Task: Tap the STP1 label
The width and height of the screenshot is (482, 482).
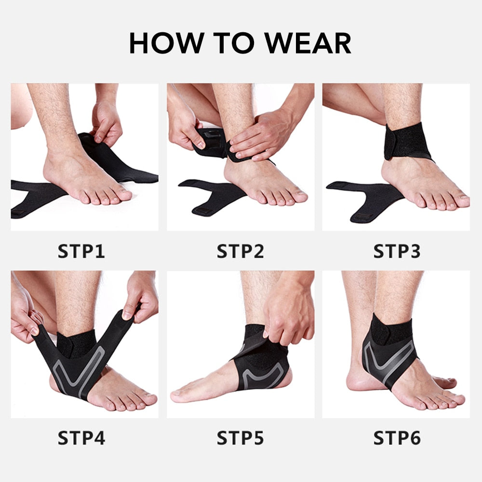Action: (81, 252)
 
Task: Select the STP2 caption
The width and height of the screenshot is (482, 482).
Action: (240, 252)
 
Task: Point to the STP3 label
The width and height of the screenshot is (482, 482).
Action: (397, 252)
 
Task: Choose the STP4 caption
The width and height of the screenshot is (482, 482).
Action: (81, 438)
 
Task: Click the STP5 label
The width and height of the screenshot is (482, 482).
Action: (240, 438)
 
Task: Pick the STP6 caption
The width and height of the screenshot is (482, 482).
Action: (397, 438)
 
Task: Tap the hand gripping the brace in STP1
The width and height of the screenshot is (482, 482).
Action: (107, 123)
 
